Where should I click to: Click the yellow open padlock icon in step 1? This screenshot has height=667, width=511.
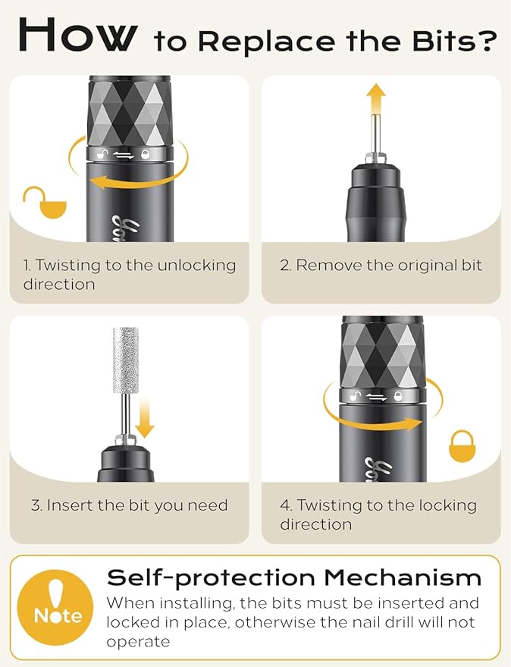(45, 202)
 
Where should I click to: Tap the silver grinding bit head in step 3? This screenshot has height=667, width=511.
(125, 360)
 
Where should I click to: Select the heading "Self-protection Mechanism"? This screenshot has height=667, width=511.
(293, 578)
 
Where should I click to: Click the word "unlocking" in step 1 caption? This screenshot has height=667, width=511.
(196, 266)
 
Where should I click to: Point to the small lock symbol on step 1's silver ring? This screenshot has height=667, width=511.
(146, 154)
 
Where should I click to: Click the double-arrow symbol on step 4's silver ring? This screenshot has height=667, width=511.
(377, 397)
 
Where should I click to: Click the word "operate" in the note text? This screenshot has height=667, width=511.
(138, 642)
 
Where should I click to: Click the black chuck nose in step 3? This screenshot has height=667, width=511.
(125, 463)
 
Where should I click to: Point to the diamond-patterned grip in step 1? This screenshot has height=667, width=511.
(130, 112)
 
